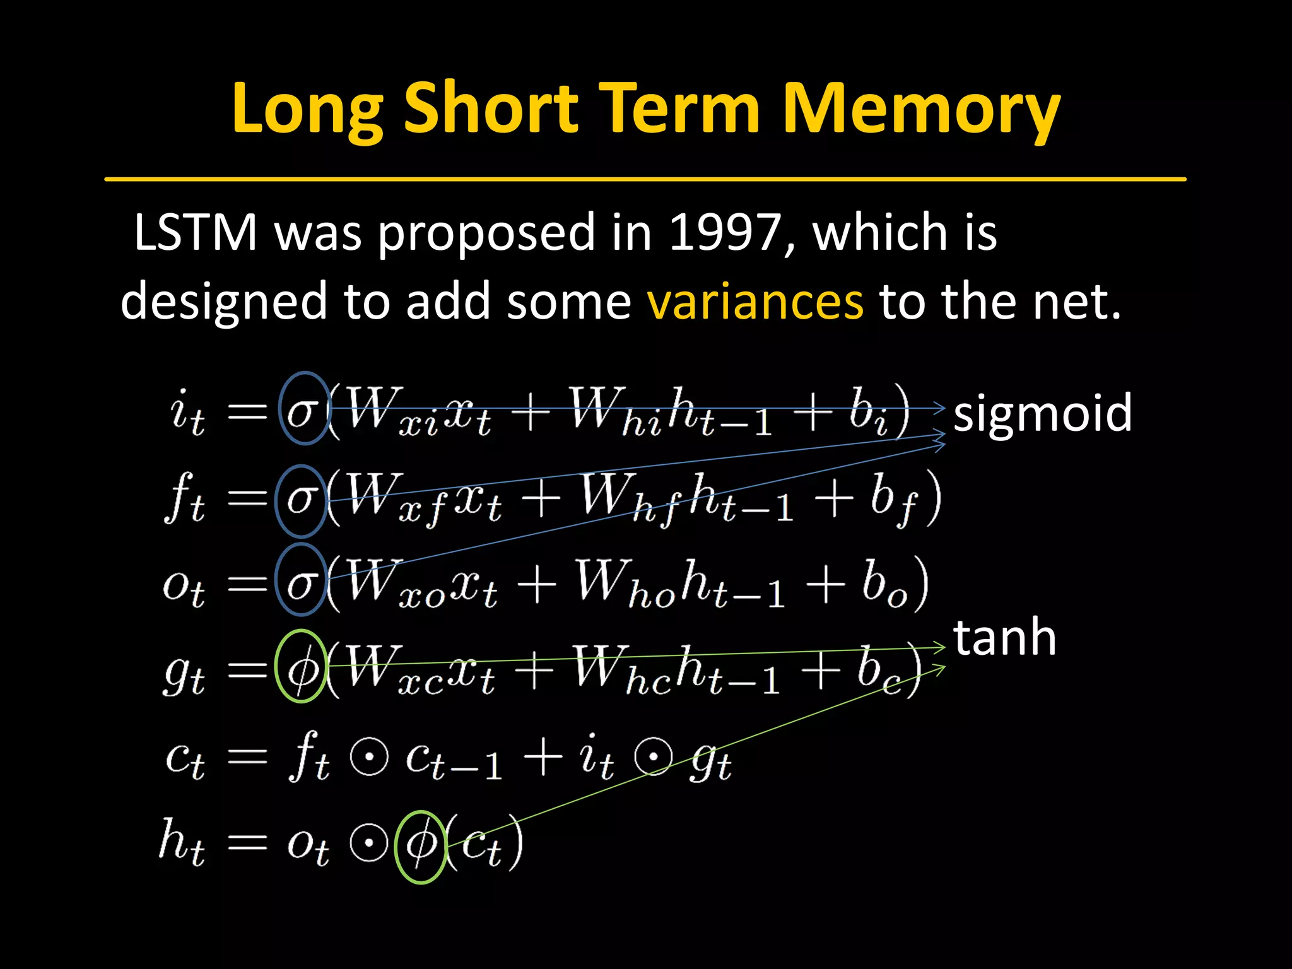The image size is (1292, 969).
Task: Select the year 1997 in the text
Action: click(x=725, y=232)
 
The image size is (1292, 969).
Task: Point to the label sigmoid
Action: click(x=1042, y=413)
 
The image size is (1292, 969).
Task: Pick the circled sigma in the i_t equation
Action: click(x=303, y=409)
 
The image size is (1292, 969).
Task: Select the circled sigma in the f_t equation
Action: click(x=301, y=501)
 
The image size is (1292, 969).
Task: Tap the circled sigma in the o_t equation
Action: click(x=301, y=580)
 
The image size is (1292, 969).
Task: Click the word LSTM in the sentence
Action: click(x=196, y=232)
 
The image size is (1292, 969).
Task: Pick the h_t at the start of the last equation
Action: click(x=182, y=842)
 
